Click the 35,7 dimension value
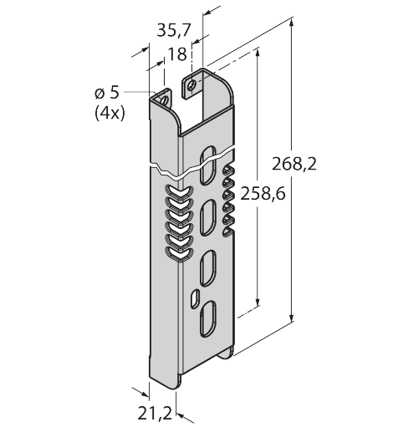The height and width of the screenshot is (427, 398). (x=174, y=31)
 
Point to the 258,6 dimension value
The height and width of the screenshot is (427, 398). (x=260, y=193)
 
